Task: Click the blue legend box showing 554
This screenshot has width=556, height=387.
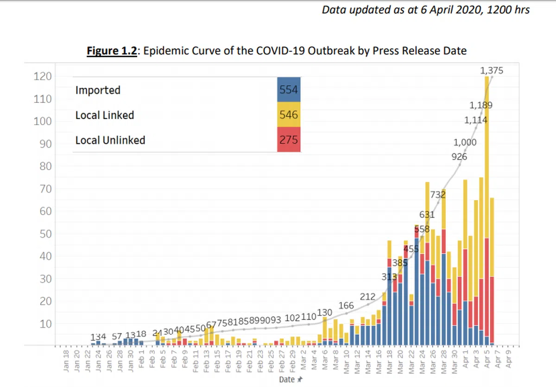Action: pyautogui.click(x=288, y=90)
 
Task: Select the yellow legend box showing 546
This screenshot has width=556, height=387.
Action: pyautogui.click(x=288, y=114)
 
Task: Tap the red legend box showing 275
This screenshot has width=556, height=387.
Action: pyautogui.click(x=288, y=140)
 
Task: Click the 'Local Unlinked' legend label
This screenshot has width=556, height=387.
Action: pyautogui.click(x=110, y=140)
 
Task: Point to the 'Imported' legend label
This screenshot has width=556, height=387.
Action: pyautogui.click(x=98, y=90)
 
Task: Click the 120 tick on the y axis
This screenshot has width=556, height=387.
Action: pyautogui.click(x=42, y=76)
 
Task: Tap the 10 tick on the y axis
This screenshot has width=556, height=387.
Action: pyautogui.click(x=44, y=324)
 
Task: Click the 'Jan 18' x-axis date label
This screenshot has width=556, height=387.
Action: pyautogui.click(x=66, y=362)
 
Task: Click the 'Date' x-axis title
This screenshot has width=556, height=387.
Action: pyautogui.click(x=286, y=380)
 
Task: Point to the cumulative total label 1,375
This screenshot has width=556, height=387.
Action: pyautogui.click(x=492, y=71)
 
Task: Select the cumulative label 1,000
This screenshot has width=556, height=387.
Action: pyautogui.click(x=465, y=142)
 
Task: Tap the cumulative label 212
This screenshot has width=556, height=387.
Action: pyautogui.click(x=367, y=297)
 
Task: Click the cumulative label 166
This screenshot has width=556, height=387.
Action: pyautogui.click(x=346, y=305)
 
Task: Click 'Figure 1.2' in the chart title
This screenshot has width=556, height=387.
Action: pyautogui.click(x=112, y=51)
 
